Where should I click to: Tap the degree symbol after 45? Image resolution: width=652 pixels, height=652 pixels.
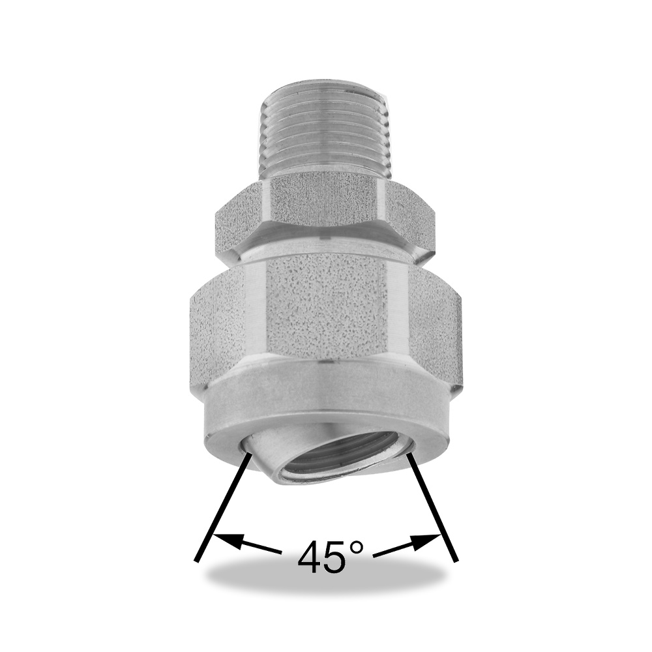(357, 548)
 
